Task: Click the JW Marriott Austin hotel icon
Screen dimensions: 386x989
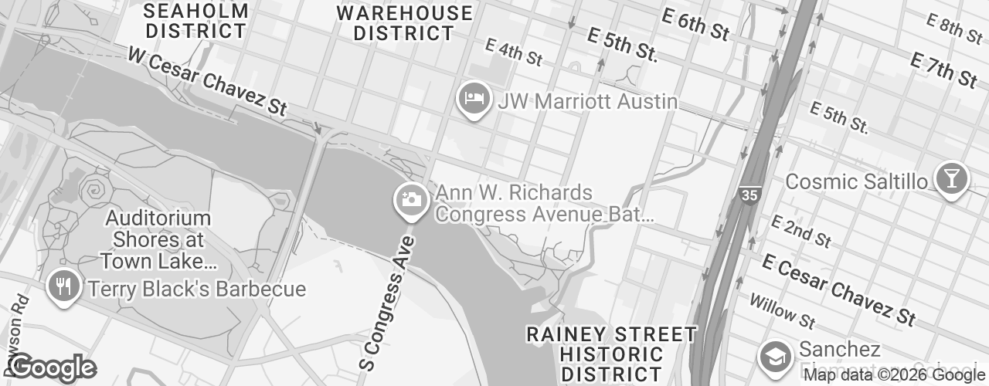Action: pyautogui.click(x=473, y=100)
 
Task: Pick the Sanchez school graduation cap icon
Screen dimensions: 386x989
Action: pyautogui.click(x=773, y=356)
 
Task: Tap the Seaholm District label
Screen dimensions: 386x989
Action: pyautogui.click(x=196, y=22)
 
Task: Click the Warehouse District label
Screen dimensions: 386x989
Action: pyautogui.click(x=405, y=23)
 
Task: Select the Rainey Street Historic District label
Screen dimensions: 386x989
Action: pyautogui.click(x=611, y=354)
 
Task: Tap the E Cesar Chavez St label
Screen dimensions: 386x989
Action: pyautogui.click(x=838, y=289)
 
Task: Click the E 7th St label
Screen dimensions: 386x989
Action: pyautogui.click(x=944, y=70)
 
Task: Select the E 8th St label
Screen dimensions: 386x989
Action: pyautogui.click(x=956, y=29)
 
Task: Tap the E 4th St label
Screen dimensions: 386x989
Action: pyautogui.click(x=514, y=52)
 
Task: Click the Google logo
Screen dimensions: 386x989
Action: pyautogui.click(x=53, y=367)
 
